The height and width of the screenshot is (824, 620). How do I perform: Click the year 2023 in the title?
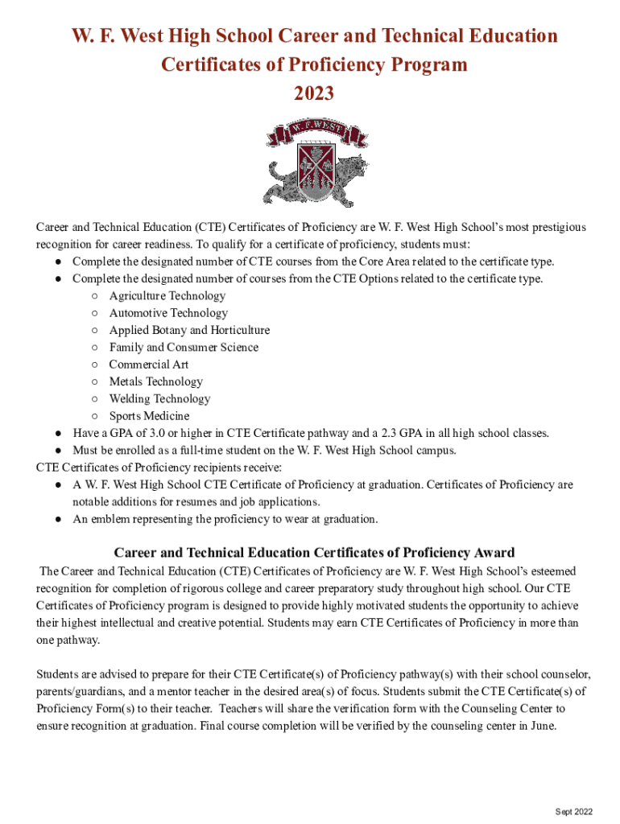[313, 94]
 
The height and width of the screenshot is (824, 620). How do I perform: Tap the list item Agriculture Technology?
[167, 295]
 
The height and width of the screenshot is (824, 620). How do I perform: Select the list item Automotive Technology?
[168, 313]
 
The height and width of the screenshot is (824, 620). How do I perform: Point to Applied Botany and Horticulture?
[189, 330]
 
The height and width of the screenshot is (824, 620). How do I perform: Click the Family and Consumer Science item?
[184, 347]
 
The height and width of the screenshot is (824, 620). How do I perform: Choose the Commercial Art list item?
[149, 365]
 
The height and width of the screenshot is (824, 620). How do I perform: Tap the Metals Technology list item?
[155, 381]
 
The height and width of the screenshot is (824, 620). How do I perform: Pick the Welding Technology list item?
[159, 398]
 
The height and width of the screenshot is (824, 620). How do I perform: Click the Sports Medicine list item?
[149, 416]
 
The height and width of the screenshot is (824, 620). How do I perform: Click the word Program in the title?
[424, 65]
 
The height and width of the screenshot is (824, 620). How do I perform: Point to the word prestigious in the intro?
[552, 227]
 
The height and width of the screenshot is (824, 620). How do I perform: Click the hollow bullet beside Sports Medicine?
[95, 416]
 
